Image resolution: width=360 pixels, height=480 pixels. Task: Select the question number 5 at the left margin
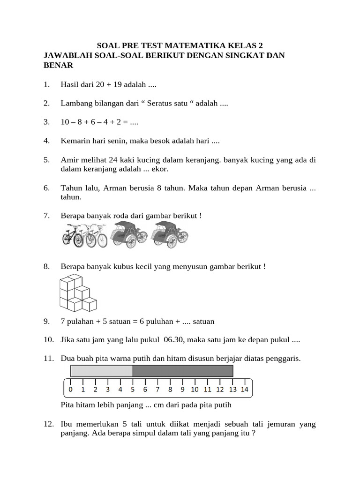46,160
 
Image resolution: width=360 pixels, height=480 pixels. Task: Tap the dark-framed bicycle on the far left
72,235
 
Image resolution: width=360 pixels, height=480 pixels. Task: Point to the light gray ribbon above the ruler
102,371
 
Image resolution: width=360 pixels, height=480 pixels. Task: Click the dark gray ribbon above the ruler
183,371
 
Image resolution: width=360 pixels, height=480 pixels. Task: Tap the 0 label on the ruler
70,389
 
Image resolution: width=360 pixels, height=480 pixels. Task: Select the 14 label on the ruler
244,389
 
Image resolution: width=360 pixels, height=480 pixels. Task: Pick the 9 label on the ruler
182,389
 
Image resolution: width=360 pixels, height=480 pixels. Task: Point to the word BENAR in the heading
58,66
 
